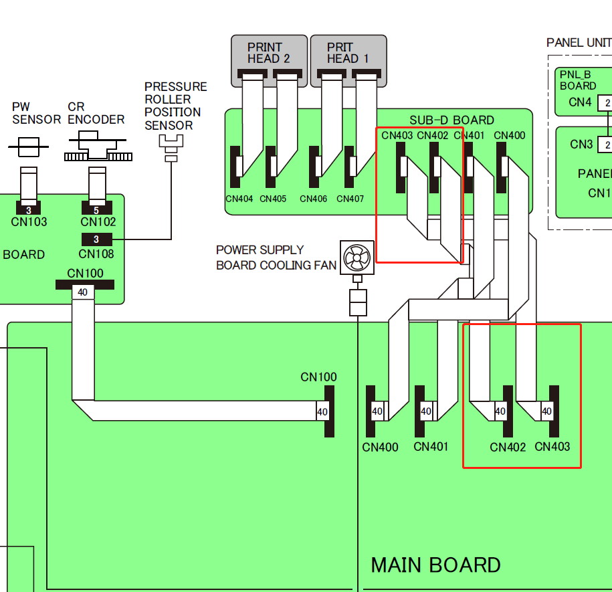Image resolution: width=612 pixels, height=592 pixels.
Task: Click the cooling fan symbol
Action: pos(357,257)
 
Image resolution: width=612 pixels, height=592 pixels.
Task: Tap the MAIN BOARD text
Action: pos(435,565)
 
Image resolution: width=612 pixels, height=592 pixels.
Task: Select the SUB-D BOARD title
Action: pos(451,120)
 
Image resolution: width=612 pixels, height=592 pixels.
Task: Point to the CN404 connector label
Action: pos(239,199)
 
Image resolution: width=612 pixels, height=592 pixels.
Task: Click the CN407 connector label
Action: pos(350,199)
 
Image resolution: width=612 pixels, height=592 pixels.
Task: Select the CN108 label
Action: pos(96,254)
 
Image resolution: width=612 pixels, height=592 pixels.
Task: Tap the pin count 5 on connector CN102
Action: pos(96,211)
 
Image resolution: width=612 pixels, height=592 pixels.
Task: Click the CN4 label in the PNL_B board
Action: pos(580,102)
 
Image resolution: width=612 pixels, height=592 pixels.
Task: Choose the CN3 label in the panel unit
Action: pos(581,144)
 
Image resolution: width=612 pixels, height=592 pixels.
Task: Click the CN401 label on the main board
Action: pos(431,447)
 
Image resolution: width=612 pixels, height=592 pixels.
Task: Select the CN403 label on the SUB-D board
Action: pos(397,136)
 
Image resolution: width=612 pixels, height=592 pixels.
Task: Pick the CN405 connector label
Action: pos(273,199)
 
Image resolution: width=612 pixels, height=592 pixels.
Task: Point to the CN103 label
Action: pos(29,222)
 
